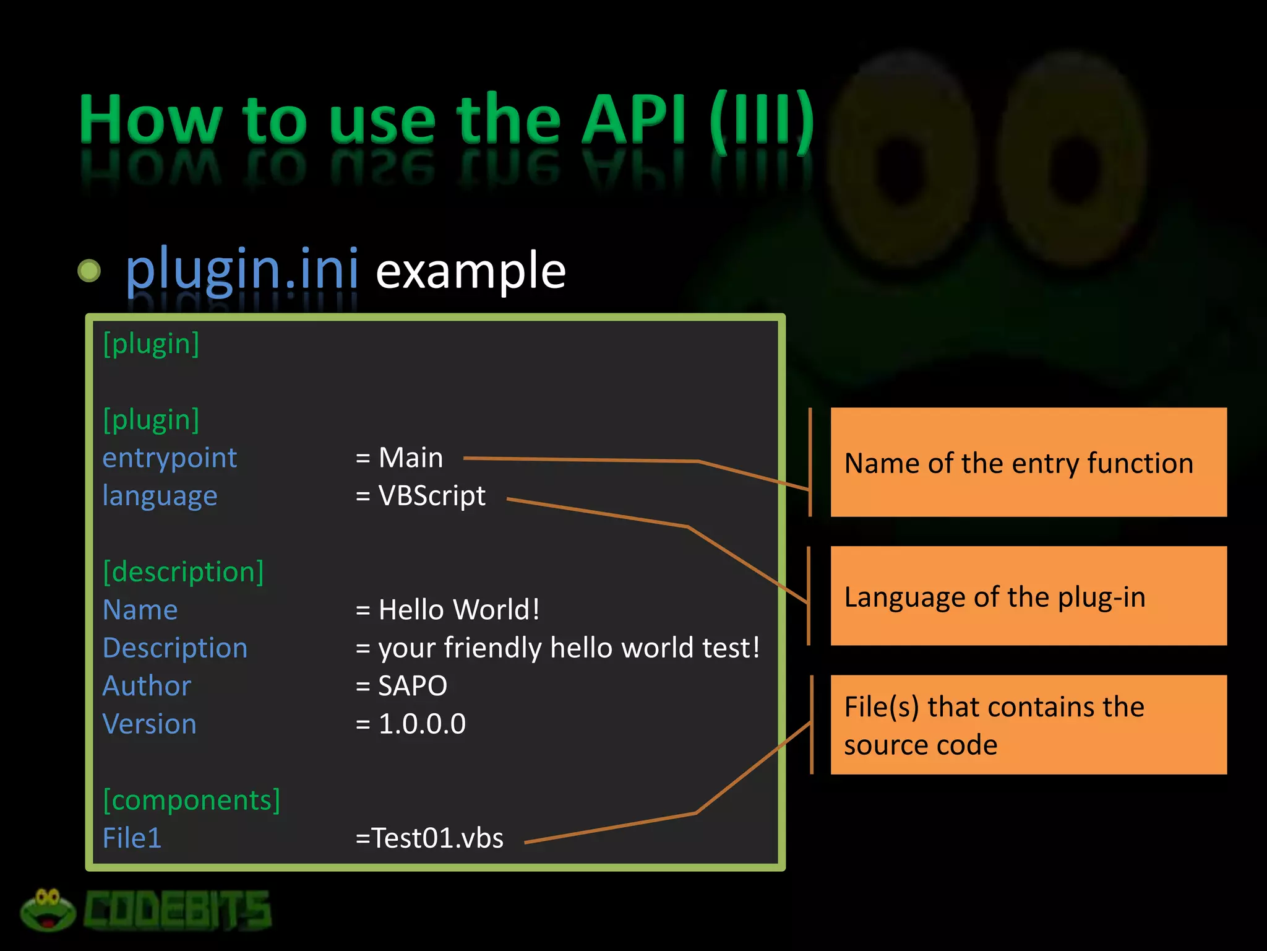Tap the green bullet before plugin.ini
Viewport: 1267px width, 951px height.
pos(89,271)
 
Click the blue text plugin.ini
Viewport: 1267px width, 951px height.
pos(242,270)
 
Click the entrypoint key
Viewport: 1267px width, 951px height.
pos(170,458)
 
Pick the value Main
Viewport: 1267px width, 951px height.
pos(410,458)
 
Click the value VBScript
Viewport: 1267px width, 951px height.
pos(432,496)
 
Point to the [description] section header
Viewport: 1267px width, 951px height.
pos(183,571)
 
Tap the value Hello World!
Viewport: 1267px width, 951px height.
pos(458,610)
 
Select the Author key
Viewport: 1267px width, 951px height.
pos(147,686)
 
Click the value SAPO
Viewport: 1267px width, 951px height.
pos(412,686)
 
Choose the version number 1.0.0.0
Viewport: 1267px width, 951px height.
pos(422,724)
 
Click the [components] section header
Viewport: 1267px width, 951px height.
pos(191,800)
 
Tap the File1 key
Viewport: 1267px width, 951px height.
pos(132,838)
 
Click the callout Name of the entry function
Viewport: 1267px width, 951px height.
pos(1028,462)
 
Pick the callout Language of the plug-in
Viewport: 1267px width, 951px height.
pos(1028,596)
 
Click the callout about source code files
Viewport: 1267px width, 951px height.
pos(1028,725)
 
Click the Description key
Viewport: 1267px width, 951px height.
pos(175,648)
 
